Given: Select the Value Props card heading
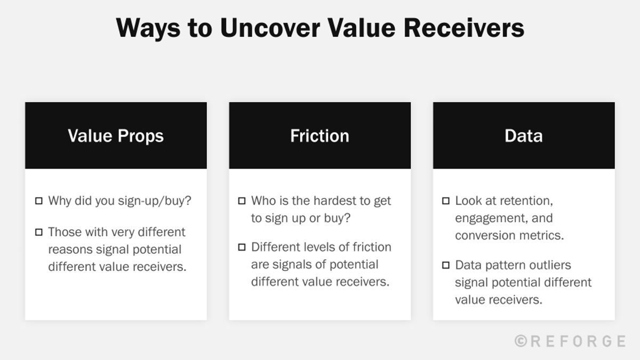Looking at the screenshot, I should click(116, 135).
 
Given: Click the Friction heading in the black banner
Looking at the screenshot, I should click(319, 135).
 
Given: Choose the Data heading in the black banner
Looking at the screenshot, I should click(523, 135).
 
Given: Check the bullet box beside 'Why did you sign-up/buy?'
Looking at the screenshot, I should click(38, 201).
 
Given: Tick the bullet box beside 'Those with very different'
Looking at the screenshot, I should click(38, 232).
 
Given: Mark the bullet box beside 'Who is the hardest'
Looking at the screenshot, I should click(242, 201).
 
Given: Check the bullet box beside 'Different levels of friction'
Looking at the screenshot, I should click(242, 247).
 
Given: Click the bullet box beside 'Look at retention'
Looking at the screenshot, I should click(445, 201).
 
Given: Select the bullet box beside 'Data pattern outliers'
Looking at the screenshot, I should click(445, 265).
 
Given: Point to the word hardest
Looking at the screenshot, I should click(335, 201).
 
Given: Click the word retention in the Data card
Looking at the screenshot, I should click(525, 201).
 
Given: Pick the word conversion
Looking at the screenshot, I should click(485, 235).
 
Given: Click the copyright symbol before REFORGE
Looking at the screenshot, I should click(521, 341).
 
